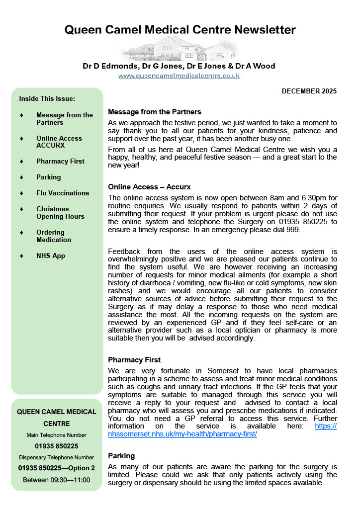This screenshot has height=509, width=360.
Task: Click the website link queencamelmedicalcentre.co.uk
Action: coord(179,76)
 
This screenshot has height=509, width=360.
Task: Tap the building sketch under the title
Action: coord(180,50)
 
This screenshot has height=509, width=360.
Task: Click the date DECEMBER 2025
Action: coord(309,91)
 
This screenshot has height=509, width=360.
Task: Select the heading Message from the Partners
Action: coord(155,111)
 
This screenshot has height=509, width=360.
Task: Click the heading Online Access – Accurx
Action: coord(149,187)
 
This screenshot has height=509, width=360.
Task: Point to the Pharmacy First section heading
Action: coord(134,359)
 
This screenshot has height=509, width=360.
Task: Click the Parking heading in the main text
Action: coord(121,455)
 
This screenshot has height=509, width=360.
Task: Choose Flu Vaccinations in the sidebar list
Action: coord(63,193)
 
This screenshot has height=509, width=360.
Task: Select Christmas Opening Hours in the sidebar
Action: coord(60,212)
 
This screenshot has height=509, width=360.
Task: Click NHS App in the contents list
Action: coord(51,255)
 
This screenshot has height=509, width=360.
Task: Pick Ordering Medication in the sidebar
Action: coord(54,236)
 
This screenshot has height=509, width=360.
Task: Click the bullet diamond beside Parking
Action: coord(21,177)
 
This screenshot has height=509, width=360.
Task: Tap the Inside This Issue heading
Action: coord(47,98)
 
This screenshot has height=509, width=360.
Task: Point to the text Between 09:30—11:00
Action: coord(57,480)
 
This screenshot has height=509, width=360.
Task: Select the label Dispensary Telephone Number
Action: coord(57,457)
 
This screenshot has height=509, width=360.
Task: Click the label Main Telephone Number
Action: coord(57,435)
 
